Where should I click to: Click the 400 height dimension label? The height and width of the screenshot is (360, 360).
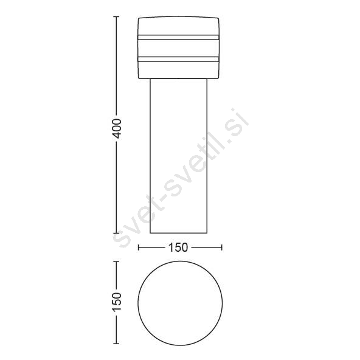coord(117,128)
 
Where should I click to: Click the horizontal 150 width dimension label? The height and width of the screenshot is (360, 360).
coord(178,247)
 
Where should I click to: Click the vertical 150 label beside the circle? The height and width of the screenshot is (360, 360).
coord(117,302)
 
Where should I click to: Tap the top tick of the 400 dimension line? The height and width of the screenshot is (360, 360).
coord(116,17)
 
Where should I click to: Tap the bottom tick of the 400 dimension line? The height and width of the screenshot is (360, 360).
coord(116,233)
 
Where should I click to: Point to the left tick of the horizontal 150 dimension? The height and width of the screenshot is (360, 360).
coord(139,247)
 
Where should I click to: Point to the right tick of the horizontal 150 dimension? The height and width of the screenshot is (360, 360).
coord(221,247)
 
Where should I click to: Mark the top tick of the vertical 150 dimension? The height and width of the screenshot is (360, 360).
coord(116,261)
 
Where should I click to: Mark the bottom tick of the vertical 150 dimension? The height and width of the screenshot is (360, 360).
coord(116,344)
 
